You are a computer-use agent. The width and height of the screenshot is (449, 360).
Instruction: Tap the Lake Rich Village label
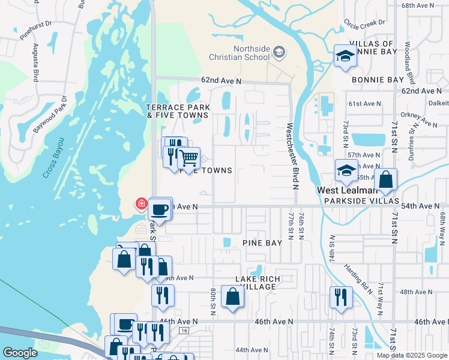pyautogui.click(x=256, y=283)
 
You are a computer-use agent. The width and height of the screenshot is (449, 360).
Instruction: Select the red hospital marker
pyautogui.click(x=142, y=204)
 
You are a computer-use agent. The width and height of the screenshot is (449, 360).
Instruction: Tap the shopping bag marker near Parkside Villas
pyautogui.click(x=385, y=179)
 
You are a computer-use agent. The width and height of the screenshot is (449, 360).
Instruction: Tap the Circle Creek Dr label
pyautogui.click(x=364, y=24)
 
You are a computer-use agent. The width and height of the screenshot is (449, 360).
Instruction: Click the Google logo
pyautogui.click(x=20, y=353)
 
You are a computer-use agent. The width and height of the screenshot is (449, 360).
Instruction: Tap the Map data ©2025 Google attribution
pyautogui.click(x=411, y=355)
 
